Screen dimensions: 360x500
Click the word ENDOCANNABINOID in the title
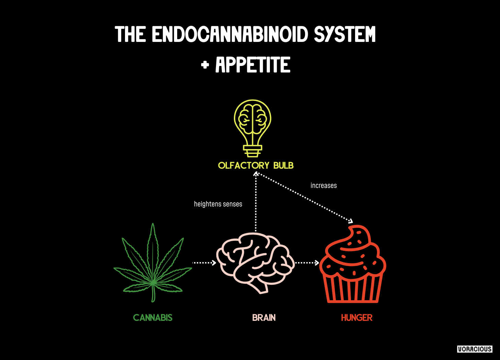click(230, 34)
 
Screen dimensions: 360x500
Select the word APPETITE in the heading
click(253, 65)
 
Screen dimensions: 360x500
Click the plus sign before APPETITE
click(205, 65)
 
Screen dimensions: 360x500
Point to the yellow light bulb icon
click(252, 124)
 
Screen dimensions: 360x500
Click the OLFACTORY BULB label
click(256, 166)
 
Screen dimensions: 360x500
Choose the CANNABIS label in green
click(153, 318)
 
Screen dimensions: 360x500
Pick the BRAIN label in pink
click(264, 318)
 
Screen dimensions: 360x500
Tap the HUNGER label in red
click(356, 318)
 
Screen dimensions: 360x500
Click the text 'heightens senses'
click(218, 204)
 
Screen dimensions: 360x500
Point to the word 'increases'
click(323, 185)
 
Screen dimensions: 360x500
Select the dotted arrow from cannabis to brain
click(204, 263)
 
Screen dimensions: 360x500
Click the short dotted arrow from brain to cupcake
click(307, 263)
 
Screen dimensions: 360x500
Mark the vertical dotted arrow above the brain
click(256, 203)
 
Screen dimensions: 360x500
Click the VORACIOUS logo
click(475, 349)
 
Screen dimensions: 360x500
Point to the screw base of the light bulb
click(252, 151)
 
